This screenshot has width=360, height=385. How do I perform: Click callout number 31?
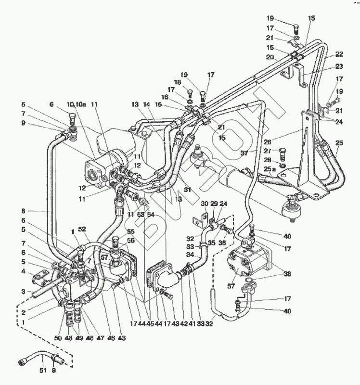pos(187,190)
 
